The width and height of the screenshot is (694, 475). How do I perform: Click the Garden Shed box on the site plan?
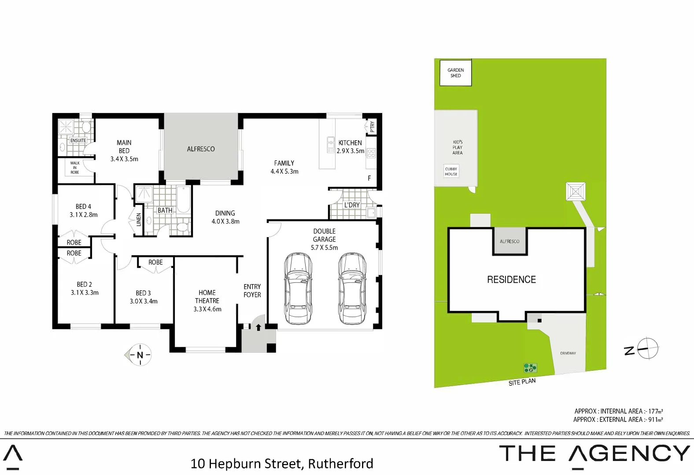pyautogui.click(x=455, y=73)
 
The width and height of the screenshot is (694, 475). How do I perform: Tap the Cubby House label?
pyautogui.click(x=451, y=172)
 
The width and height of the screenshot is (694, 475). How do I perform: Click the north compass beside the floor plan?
pyautogui.click(x=140, y=354)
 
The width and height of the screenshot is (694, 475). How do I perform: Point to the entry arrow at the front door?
pyautogui.click(x=258, y=327)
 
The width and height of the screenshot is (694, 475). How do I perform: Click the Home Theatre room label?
pyautogui.click(x=207, y=296)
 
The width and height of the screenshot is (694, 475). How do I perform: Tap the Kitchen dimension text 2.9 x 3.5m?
pyautogui.click(x=351, y=151)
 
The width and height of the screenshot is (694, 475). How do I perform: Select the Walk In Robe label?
pyautogui.click(x=75, y=168)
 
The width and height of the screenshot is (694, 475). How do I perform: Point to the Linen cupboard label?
pyautogui.click(x=139, y=219)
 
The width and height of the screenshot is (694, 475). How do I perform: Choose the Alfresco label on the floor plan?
pyautogui.click(x=201, y=149)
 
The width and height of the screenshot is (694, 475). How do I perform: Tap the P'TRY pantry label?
pyautogui.click(x=372, y=127)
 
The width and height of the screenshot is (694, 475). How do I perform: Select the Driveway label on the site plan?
pyautogui.click(x=568, y=353)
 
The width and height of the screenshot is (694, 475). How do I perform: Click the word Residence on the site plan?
pyautogui.click(x=511, y=280)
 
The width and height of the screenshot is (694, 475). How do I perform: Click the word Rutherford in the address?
pyautogui.click(x=340, y=464)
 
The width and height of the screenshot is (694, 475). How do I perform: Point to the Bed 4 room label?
pyautogui.click(x=83, y=207)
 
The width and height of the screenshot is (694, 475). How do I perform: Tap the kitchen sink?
pyautogui.click(x=331, y=144)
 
